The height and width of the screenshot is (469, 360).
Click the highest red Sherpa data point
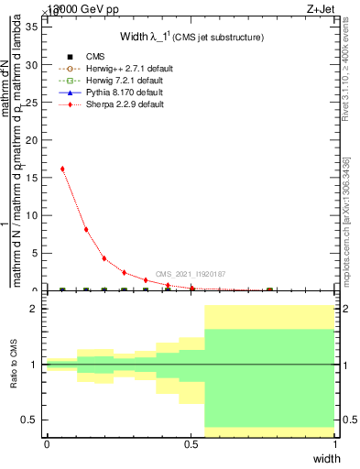click(x=62, y=169)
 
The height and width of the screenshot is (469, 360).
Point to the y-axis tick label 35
click(x=30, y=26)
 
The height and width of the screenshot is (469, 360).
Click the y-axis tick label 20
click(x=30, y=140)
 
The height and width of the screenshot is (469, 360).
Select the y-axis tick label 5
click(x=33, y=253)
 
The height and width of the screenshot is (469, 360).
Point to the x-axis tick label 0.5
click(x=191, y=444)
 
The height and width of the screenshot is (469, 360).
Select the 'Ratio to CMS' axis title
click(x=14, y=365)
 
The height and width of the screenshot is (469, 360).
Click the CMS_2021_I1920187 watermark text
click(x=190, y=274)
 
